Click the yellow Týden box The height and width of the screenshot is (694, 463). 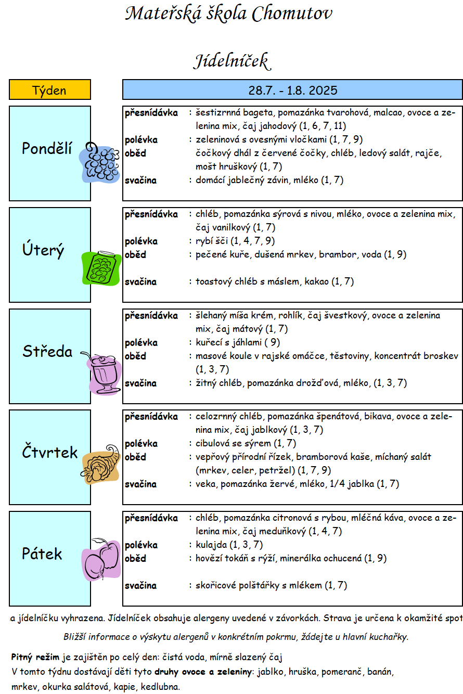(50, 90)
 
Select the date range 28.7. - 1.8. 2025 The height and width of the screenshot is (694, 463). (292, 90)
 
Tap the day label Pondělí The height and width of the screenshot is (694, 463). (46, 148)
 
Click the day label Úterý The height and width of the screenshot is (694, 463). (43, 249)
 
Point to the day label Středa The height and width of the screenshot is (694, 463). (47, 351)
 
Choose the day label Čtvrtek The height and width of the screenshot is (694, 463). (49, 452)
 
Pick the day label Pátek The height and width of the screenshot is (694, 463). (42, 554)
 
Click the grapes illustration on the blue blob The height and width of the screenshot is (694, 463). (99, 163)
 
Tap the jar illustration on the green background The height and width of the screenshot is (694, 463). (101, 268)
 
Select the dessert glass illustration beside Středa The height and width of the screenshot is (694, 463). (103, 374)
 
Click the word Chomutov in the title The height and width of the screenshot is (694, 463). (292, 14)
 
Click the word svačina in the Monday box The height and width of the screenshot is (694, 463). (140, 181)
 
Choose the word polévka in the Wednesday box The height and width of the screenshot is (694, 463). (142, 343)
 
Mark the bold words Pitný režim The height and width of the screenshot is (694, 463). (35, 657)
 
